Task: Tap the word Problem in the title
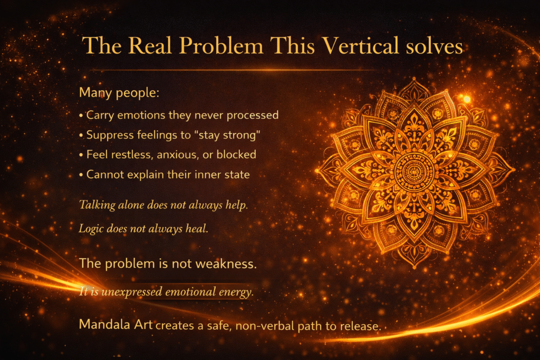click(221, 45)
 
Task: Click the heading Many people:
click(119, 93)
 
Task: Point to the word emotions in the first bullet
click(141, 115)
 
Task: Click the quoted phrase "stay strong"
click(227, 135)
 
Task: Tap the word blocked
click(236, 154)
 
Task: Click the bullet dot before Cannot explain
click(81, 175)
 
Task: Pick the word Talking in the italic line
click(98, 205)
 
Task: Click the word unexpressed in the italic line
click(132, 292)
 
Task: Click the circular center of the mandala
click(414, 170)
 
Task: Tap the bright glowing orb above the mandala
click(467, 99)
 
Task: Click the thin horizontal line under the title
click(233, 70)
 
